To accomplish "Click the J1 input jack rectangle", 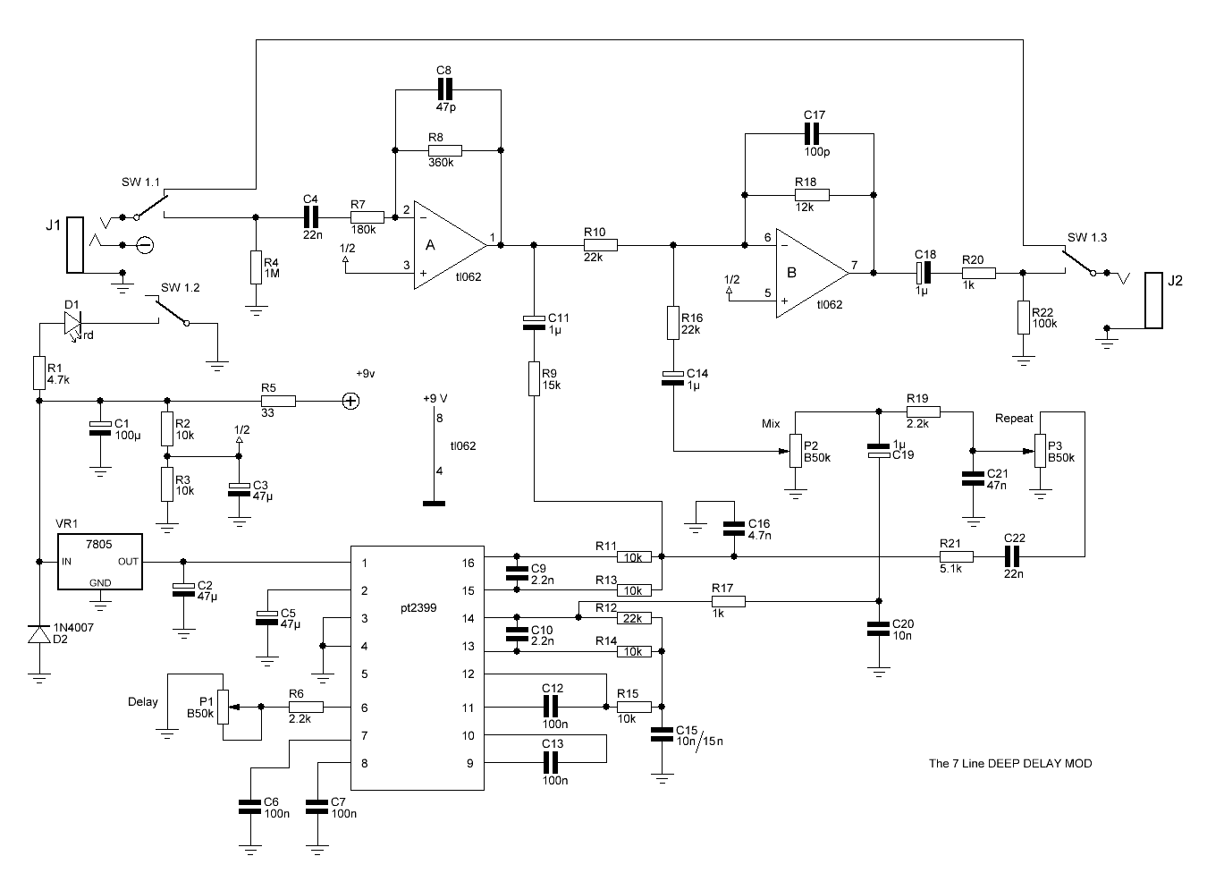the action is tap(75, 245).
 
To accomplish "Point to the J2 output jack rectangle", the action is tap(1153, 301).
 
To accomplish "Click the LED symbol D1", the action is tap(72, 324).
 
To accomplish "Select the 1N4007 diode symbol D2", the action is tap(39, 635).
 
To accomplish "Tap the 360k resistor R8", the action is tap(444, 150).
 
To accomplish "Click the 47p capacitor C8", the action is tap(444, 89).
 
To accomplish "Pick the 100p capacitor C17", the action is tap(812, 134).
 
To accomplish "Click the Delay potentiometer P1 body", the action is tap(223, 707).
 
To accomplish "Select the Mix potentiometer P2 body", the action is tap(796, 451).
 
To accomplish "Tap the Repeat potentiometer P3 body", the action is tap(1041, 451).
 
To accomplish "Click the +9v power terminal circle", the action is tap(350, 402).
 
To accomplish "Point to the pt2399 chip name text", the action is tap(418, 608).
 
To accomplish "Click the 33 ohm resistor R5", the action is tap(278, 402).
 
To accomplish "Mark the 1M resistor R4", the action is tap(256, 267).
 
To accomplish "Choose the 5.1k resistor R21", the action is tap(957, 557).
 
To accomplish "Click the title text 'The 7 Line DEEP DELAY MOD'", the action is tap(1009, 764).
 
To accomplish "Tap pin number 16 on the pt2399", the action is tap(468, 564).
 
